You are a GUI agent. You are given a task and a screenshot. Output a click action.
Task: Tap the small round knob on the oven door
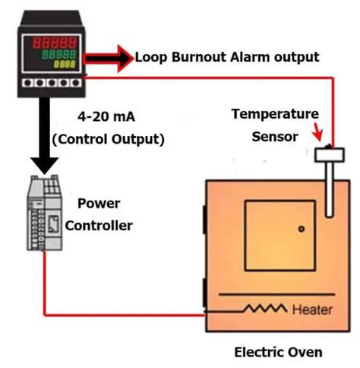point(302,228)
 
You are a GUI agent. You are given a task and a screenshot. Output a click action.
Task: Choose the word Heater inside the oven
point(311,309)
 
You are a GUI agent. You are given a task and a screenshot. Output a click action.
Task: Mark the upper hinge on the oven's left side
point(204,221)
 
